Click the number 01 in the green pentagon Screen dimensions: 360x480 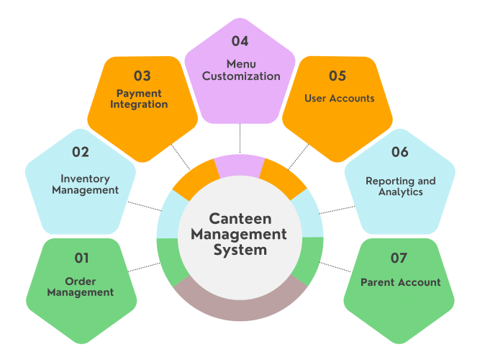point(81,258)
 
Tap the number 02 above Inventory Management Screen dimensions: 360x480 point(81,153)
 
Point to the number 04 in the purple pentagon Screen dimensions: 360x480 point(240,42)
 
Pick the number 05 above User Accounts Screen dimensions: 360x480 point(338,76)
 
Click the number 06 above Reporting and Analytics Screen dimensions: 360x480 point(400,153)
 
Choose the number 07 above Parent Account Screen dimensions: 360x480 point(398,258)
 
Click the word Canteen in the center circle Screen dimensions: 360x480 point(240,218)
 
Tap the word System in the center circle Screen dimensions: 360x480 point(240,251)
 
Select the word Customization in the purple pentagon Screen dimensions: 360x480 point(241,76)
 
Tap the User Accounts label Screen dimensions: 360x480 point(340,99)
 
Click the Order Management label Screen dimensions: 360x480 point(81,287)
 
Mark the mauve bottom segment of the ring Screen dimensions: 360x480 point(240,302)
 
